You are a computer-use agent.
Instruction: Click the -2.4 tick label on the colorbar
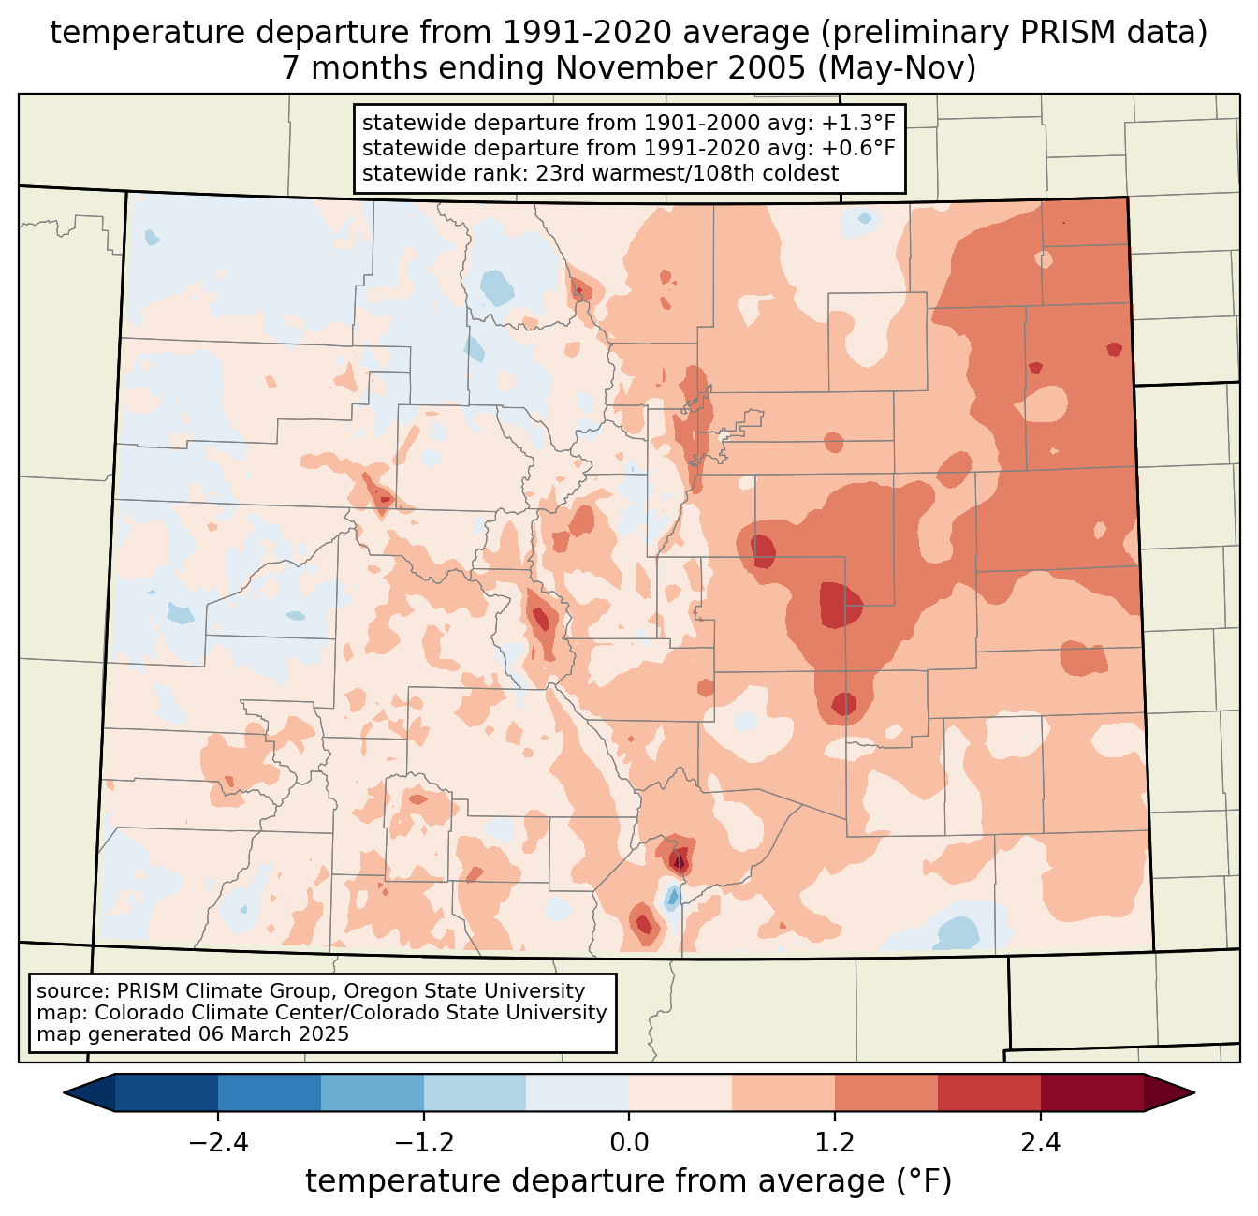tap(218, 1143)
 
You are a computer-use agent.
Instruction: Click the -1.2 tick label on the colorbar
tap(424, 1143)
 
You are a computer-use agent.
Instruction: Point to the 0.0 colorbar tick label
tap(629, 1143)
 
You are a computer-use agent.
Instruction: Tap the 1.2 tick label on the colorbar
tap(835, 1143)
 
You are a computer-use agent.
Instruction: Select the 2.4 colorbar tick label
tap(1040, 1143)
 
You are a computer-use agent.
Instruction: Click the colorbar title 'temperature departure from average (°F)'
tap(629, 1181)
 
